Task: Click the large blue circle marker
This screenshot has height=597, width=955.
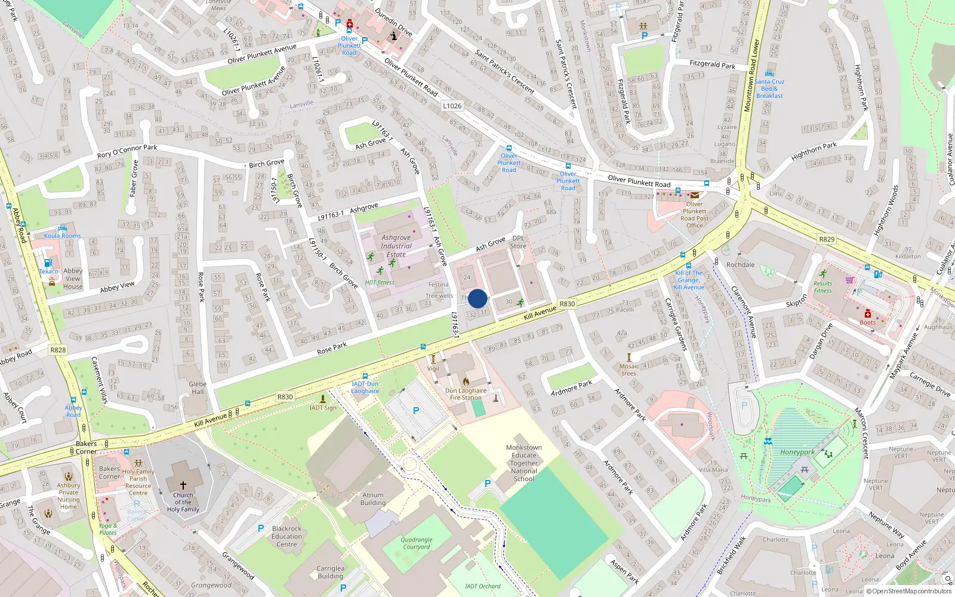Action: click(478, 298)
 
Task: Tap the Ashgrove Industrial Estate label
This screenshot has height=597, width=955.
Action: click(396, 246)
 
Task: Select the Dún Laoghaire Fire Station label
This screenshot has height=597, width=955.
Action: click(466, 394)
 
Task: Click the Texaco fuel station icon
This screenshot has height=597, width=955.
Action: click(48, 263)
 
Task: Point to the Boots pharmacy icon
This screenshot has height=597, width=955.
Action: click(868, 314)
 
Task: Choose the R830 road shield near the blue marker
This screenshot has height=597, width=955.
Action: click(567, 304)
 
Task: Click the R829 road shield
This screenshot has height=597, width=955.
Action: click(827, 239)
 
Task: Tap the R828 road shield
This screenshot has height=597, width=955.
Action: click(58, 350)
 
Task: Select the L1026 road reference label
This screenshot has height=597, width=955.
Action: click(452, 106)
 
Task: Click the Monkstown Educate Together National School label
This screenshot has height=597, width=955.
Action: click(523, 463)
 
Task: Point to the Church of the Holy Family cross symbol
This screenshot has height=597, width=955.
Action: click(183, 485)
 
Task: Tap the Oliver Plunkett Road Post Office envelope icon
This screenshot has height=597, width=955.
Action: click(695, 195)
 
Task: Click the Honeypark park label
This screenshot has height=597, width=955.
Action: click(797, 452)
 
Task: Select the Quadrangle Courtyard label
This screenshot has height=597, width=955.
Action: click(417, 543)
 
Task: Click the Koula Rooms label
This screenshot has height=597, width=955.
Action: click(62, 236)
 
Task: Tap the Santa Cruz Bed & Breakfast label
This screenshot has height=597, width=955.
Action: click(769, 88)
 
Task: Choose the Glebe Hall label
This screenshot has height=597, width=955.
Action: click(198, 388)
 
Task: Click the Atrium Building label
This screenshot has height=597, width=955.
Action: click(372, 498)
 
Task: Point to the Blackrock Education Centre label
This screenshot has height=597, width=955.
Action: click(286, 536)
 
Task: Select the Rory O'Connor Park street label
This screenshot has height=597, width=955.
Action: click(127, 151)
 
